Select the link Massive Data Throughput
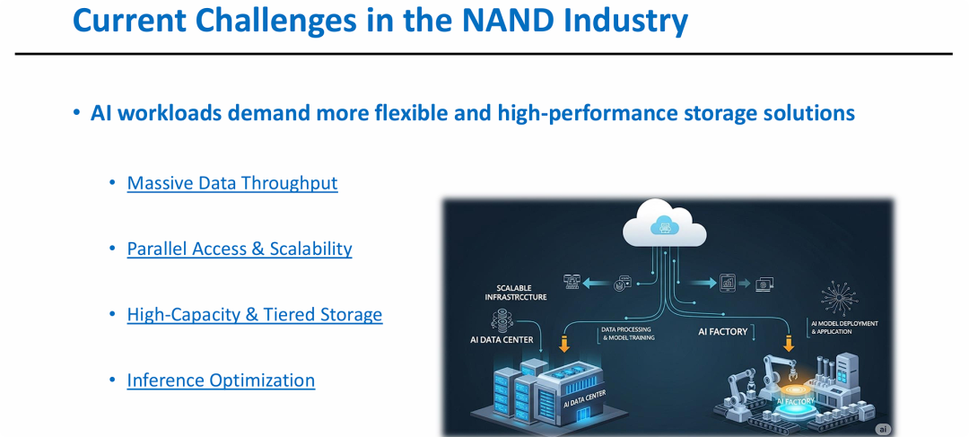coord(232,183)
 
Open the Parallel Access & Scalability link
coord(240,249)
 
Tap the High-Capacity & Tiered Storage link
coord(255,315)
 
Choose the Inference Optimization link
coord(221,380)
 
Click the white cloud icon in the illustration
coord(664,223)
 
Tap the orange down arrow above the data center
coord(563,343)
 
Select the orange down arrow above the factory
coord(789,343)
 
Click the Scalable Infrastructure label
coord(521,293)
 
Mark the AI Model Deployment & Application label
coord(844,328)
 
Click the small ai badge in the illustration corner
coord(883,429)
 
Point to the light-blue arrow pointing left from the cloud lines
coord(596,284)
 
